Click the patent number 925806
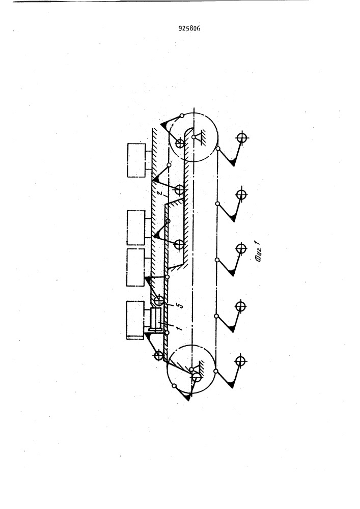[x=189, y=29]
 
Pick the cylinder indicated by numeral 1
[x=156, y=320]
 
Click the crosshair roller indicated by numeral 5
[x=159, y=300]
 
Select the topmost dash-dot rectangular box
[x=136, y=160]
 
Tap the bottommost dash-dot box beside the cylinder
[x=135, y=320]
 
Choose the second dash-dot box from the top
[x=136, y=228]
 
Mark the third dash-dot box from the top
[x=135, y=267]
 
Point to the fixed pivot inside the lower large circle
[x=191, y=369]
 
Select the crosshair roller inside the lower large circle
[x=197, y=377]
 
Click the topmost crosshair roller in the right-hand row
[x=241, y=137]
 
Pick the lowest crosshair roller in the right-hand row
[x=240, y=361]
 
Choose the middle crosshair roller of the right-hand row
[x=240, y=249]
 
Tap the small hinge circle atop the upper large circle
[x=182, y=116]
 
